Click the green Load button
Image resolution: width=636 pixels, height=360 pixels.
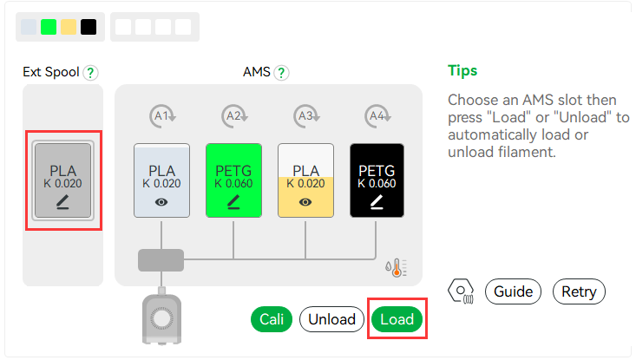click(397, 319)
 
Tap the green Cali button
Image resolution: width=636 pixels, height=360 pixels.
click(272, 319)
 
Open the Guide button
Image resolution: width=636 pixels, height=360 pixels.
click(513, 291)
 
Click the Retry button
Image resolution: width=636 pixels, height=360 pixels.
click(579, 291)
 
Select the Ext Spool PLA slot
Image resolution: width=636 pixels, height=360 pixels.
click(62, 180)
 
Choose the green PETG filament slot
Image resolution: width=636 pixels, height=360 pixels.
click(233, 180)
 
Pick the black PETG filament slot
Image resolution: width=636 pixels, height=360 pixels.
click(377, 180)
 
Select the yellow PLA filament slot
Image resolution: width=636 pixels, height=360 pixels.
click(305, 180)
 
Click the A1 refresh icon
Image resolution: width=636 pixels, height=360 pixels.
click(162, 116)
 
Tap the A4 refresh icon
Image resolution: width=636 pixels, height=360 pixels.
click(377, 116)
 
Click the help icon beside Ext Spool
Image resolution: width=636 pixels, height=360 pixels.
click(90, 73)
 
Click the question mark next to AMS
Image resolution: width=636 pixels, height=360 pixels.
click(281, 73)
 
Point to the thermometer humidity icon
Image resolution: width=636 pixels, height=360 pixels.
click(396, 267)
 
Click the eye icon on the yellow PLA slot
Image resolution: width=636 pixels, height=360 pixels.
click(305, 202)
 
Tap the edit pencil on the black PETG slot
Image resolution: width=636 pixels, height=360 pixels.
click(377, 202)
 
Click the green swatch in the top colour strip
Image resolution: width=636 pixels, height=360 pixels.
click(49, 27)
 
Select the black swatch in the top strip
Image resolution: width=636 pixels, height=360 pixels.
click(89, 27)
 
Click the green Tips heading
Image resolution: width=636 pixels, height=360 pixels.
click(462, 70)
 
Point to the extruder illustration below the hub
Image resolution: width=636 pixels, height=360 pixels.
click(161, 317)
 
